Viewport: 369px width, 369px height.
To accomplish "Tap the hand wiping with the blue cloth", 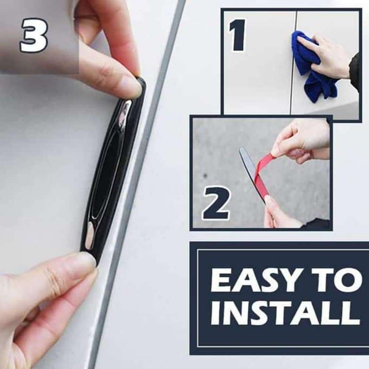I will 328,55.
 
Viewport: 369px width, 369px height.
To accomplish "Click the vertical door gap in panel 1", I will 293,63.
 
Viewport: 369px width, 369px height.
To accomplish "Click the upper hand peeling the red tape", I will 303,140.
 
